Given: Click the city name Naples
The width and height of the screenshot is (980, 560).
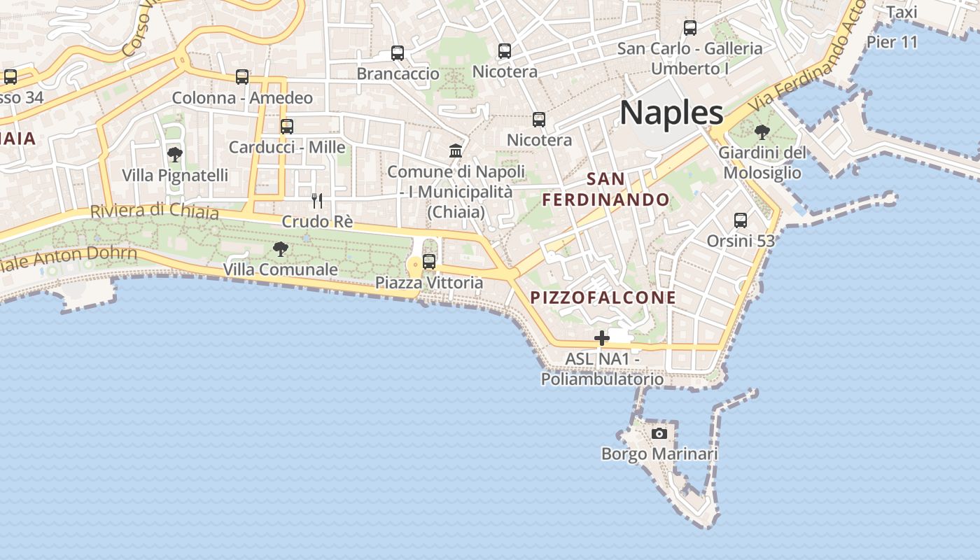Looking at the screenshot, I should [671, 113].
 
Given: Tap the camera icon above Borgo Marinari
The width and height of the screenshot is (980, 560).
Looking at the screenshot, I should [659, 433].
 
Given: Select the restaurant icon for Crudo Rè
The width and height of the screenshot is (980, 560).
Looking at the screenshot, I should [317, 201].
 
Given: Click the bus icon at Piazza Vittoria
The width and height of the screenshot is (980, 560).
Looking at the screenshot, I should [429, 262].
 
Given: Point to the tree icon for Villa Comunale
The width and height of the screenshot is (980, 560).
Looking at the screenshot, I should [280, 248].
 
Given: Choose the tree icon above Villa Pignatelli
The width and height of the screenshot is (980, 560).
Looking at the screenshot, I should [175, 154].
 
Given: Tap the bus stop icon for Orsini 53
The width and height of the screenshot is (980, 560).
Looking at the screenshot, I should [741, 220].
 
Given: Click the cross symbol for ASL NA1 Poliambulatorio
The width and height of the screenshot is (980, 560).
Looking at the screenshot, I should [601, 339].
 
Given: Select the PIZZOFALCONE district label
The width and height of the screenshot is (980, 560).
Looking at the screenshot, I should [603, 297].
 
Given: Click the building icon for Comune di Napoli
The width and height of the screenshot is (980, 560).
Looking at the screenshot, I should [456, 150].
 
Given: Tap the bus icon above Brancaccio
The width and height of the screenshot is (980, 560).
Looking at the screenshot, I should [398, 52].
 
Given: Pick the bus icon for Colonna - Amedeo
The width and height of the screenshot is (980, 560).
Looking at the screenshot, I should [242, 76].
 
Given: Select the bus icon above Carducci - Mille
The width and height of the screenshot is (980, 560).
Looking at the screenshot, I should [287, 127].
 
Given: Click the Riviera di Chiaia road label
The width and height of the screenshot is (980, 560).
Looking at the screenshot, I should [154, 211].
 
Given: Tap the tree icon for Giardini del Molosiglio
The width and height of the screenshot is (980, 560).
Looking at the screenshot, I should [762, 131].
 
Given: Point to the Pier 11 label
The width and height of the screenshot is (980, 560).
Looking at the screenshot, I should [892, 42].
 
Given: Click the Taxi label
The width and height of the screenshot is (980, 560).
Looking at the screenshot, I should [902, 13].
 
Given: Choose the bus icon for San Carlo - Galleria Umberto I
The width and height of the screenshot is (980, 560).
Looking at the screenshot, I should [690, 28].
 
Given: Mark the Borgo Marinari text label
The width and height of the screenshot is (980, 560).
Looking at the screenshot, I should [659, 454].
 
